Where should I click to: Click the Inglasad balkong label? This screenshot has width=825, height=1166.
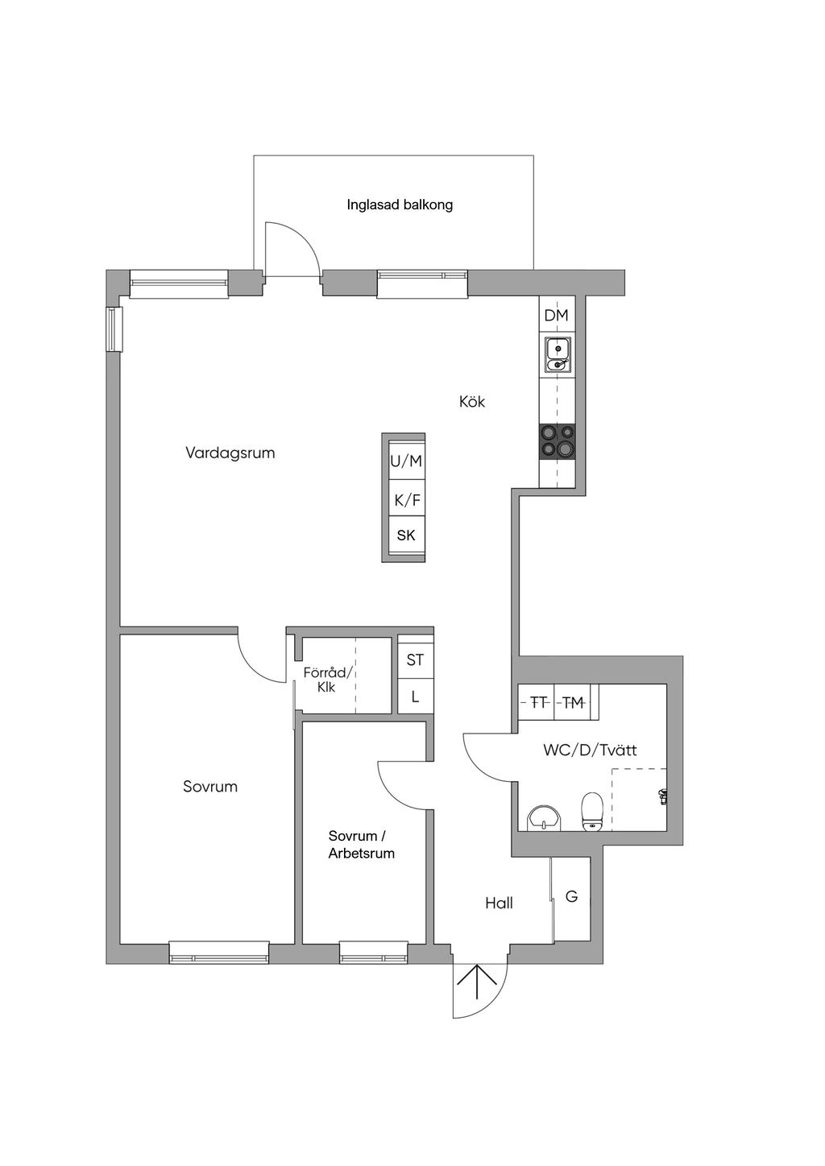[400, 205]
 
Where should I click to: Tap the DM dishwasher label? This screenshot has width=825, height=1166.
[556, 316]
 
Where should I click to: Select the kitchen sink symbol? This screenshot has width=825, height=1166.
[558, 355]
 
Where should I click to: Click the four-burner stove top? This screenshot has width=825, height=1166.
[558, 440]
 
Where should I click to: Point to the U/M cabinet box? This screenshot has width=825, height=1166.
[406, 461]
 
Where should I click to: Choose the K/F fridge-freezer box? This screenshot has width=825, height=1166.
[406, 500]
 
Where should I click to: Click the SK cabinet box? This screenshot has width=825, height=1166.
[406, 536]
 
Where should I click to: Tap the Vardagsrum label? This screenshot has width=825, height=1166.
[230, 453]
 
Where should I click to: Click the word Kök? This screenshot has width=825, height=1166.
[472, 402]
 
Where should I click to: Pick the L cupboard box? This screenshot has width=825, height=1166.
[415, 697]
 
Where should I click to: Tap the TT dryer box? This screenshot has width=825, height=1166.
[537, 703]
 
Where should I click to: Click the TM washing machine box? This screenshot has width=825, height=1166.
[574, 703]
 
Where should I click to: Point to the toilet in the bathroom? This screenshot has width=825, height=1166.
[591, 812]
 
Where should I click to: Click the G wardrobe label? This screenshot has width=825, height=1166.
[571, 896]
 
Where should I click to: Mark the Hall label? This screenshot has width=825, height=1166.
[499, 903]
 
